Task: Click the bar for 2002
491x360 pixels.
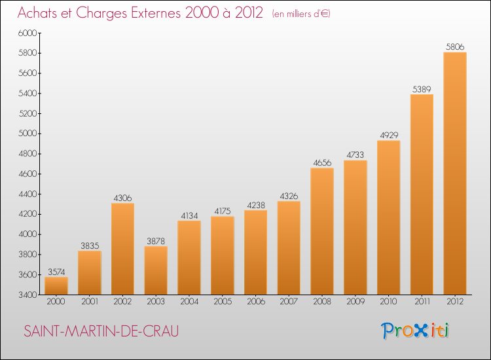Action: tap(123, 249)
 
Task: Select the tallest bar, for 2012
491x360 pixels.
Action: tap(455, 173)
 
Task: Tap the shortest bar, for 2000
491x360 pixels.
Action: tap(56, 286)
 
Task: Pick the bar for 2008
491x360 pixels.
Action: tap(322, 231)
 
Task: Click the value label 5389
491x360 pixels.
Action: tap(422, 90)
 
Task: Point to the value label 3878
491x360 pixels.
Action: tap(156, 242)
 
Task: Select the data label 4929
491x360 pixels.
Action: tap(389, 135)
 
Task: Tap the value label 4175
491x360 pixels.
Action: tap(223, 211)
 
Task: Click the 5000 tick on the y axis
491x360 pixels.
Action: tap(28, 134)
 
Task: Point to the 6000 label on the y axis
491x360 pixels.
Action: tap(28, 33)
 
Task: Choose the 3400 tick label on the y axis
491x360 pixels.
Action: tap(28, 295)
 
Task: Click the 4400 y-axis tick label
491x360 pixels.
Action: tap(28, 194)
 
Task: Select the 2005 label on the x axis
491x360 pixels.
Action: tap(223, 302)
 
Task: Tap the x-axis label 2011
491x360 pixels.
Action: tap(422, 302)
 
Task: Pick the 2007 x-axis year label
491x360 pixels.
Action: tap(289, 302)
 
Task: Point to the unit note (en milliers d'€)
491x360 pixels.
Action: tap(301, 14)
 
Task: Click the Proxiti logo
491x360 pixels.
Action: tap(415, 331)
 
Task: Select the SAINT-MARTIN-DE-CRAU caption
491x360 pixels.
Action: tap(101, 331)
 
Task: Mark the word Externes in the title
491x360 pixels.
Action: tap(156, 13)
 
